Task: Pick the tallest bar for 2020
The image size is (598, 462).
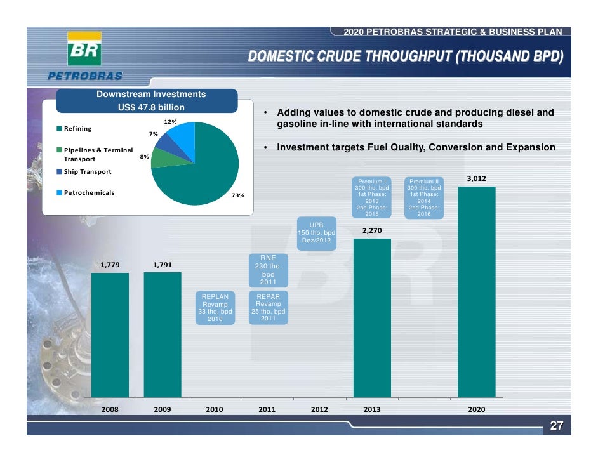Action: tap(476, 292)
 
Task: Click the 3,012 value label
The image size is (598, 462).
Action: tap(476, 179)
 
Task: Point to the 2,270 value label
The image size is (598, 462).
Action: tap(372, 231)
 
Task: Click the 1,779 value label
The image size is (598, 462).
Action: tap(110, 265)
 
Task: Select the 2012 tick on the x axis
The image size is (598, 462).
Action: tap(319, 410)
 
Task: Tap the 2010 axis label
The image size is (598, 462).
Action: tap(215, 410)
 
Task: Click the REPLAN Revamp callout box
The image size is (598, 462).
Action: tap(215, 308)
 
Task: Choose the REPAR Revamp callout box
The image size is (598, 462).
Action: tap(268, 308)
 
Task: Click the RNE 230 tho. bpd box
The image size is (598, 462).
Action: tap(268, 270)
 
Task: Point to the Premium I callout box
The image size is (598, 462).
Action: tap(372, 197)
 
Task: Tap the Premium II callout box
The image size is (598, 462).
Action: tap(424, 197)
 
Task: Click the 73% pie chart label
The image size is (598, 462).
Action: tap(237, 195)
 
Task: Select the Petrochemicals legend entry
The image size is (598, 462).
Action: tap(86, 192)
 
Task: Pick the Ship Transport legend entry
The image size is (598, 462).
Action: tap(84, 172)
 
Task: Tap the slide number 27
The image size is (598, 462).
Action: tap(557, 426)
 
